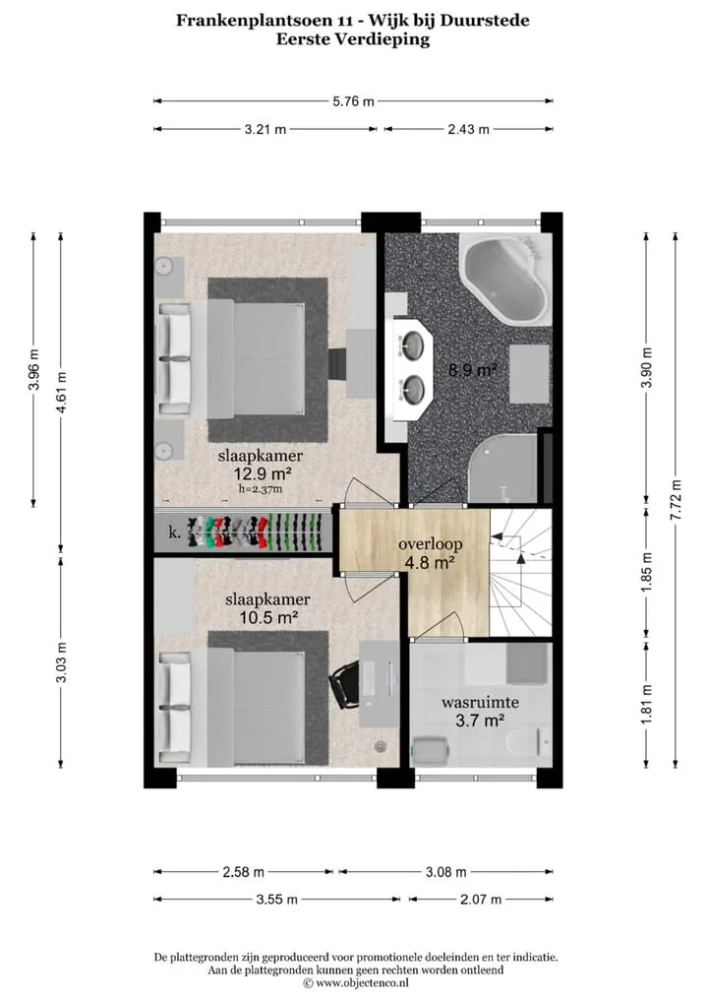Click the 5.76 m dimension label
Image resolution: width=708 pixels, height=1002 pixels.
tap(353, 101)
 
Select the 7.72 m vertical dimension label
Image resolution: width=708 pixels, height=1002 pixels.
tap(677, 500)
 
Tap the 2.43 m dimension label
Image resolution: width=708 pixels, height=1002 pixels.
tap(469, 129)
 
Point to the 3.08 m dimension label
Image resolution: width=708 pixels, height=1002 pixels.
tap(445, 872)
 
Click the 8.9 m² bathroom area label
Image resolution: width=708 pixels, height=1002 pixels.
tap(472, 369)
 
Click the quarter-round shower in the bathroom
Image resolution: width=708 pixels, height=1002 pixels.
tap(503, 469)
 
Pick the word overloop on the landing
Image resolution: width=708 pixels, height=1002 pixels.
tap(431, 544)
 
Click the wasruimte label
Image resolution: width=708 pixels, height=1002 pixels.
tap(480, 703)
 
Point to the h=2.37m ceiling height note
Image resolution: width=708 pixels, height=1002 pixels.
tap(261, 489)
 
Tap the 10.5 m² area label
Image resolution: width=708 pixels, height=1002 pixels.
tap(268, 617)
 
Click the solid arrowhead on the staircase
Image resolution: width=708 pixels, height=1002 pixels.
tap(520, 558)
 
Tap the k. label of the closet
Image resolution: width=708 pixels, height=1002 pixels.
tap(174, 532)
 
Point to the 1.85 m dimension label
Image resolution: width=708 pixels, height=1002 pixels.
tap(647, 571)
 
